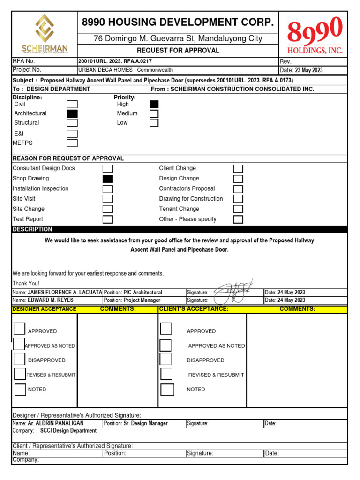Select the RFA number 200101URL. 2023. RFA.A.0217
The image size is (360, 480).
pos(115,61)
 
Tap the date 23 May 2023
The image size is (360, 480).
pos(308,70)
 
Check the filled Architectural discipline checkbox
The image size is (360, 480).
pos(72,113)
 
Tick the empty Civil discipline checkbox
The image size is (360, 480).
pos(72,105)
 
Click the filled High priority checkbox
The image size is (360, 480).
pos(154,105)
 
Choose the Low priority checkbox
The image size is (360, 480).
pos(154,123)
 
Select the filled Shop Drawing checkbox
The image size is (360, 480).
pos(108,179)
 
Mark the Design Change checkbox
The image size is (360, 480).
pos(239,179)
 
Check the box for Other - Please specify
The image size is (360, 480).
pos(239,219)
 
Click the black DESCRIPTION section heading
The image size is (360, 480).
pos(33,229)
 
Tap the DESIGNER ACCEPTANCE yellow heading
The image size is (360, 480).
pos(44,309)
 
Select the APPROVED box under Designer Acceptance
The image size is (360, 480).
pos(19,329)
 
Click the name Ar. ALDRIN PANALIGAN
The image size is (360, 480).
pos(56,423)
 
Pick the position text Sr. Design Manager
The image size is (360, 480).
pos(145,423)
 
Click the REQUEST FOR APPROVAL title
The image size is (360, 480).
pos(178,51)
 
